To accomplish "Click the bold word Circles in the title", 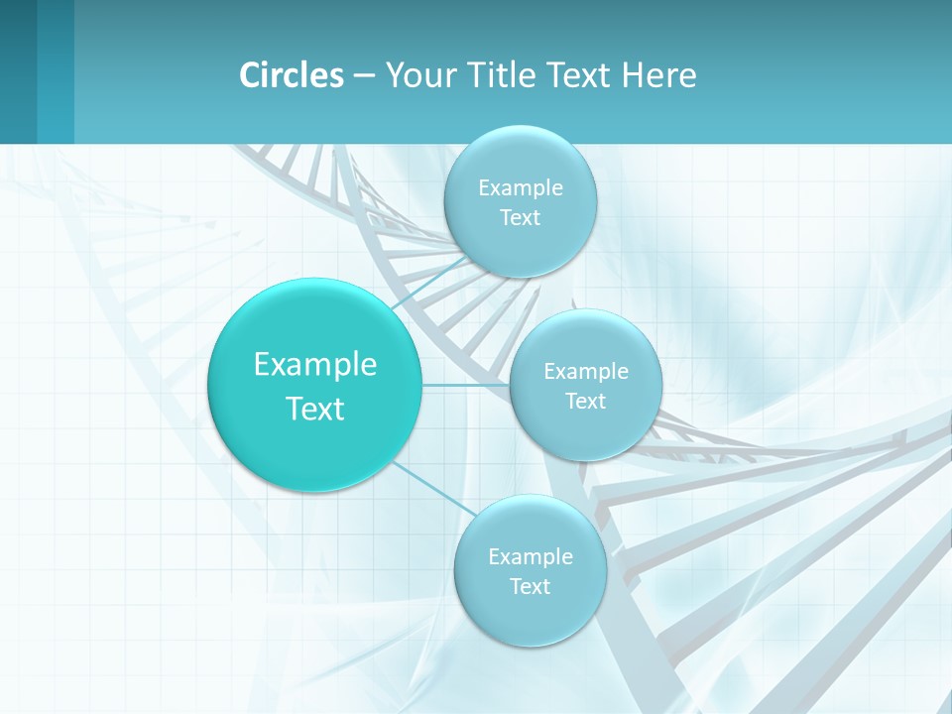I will pyautogui.click(x=291, y=75).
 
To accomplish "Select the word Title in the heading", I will pyautogui.click(x=504, y=75).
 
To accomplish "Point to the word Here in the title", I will pyautogui.click(x=658, y=75).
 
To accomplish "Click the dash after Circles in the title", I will pyautogui.click(x=364, y=76).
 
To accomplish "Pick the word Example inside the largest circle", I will pyautogui.click(x=315, y=365).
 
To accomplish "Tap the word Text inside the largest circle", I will pyautogui.click(x=315, y=409).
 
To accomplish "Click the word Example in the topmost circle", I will pyautogui.click(x=521, y=188).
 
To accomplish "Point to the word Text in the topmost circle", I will pyautogui.click(x=521, y=218).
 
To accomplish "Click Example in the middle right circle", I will pyautogui.click(x=586, y=372).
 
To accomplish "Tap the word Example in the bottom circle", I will pyautogui.click(x=530, y=557).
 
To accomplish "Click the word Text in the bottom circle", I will pyautogui.click(x=530, y=587).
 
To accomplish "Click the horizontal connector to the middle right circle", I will pyautogui.click(x=465, y=385).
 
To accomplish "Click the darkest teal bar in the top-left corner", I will pyautogui.click(x=18, y=71).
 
